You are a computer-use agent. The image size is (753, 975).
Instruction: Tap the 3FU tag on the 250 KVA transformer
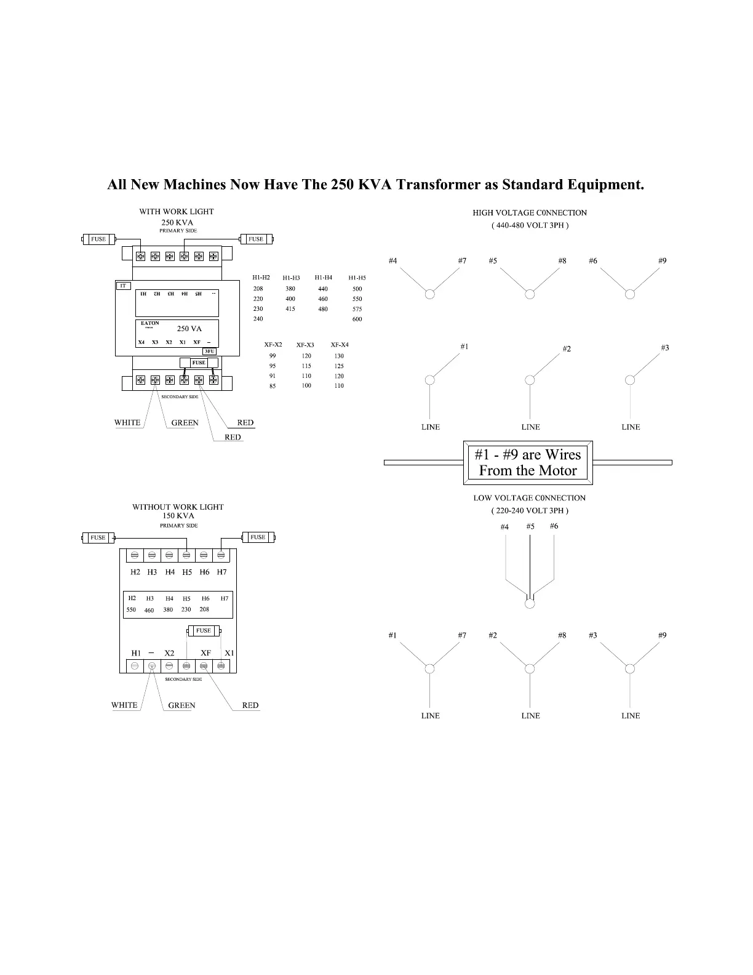pos(210,351)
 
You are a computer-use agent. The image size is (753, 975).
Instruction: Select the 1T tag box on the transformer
pos(123,286)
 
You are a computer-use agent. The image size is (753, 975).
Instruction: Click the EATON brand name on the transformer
pos(149,323)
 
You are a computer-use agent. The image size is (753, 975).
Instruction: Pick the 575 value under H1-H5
pos(357,309)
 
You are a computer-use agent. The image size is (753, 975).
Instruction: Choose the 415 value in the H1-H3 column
pos(290,309)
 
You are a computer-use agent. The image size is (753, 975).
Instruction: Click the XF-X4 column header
pos(340,345)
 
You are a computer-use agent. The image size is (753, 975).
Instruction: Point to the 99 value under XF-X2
pos(273,356)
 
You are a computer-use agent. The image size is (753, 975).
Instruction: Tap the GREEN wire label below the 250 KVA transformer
pos(185,423)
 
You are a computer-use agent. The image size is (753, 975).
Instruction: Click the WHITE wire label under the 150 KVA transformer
pos(124,705)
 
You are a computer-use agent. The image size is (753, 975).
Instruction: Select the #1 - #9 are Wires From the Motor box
pos(528,463)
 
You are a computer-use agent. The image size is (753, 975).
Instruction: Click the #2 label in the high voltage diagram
pos(567,349)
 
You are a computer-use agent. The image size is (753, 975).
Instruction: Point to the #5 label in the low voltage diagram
pos(530,526)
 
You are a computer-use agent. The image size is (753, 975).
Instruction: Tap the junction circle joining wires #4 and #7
pos(430,294)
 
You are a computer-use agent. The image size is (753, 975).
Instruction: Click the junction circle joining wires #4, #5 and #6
pos(530,604)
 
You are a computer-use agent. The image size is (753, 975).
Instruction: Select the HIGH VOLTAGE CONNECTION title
pos(530,213)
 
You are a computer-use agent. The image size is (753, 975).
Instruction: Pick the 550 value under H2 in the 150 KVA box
pos(131,610)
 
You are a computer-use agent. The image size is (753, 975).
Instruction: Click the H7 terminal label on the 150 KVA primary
pos(222,572)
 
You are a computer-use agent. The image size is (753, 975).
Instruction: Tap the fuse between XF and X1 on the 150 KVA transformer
pos(204,631)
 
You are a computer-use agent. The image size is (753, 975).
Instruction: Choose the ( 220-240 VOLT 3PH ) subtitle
pos(530,511)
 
